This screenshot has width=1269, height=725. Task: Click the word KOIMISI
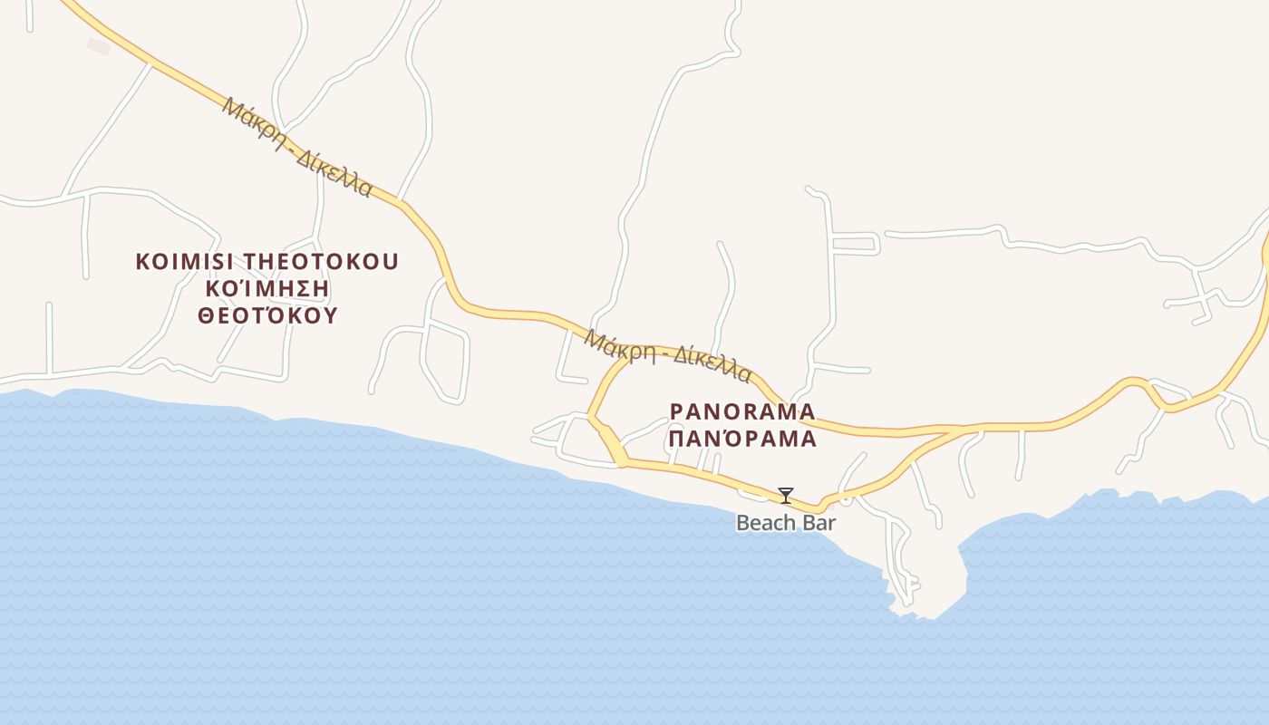[185, 262]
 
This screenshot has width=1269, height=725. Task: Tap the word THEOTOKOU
[320, 262]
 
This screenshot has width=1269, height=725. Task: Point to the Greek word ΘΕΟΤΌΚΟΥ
[267, 315]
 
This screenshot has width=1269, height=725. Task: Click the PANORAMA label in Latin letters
[742, 411]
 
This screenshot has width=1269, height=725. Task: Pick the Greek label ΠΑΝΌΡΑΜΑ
[742, 440]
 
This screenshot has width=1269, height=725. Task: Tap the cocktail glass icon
[786, 496]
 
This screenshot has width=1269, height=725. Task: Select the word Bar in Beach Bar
[818, 523]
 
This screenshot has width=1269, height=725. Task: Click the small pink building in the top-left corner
[98, 45]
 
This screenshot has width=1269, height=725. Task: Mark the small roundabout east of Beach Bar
[846, 498]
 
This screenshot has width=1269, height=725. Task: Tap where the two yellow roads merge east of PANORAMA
[961, 430]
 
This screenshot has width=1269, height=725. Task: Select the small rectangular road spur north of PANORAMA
[857, 243]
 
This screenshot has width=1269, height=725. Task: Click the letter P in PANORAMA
[676, 411]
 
